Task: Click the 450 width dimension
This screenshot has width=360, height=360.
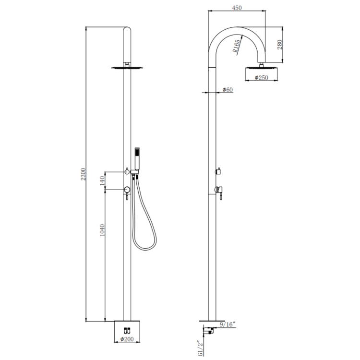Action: click(237, 8)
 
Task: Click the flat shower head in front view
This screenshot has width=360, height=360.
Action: click(127, 68)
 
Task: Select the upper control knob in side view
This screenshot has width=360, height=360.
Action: click(218, 171)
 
